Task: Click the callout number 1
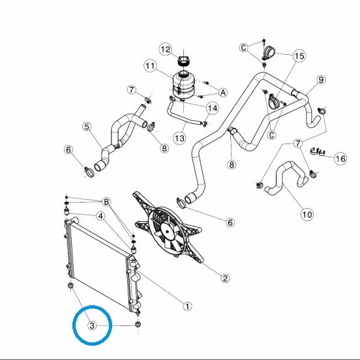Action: pos(187,307)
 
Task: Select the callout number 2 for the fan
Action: pos(225,278)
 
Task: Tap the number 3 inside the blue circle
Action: pos(92,325)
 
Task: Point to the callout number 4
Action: pos(100,216)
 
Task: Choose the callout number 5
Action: pos(87,127)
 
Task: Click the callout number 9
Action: pos(321,80)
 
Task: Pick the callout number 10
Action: pos(307,215)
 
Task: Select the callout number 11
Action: pos(151,66)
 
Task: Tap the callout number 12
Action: pos(166,50)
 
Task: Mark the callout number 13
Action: pos(179,138)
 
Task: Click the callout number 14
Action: pos(213,108)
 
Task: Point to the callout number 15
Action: pos(299,56)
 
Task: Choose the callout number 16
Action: pos(340,158)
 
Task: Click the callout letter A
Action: pos(223,93)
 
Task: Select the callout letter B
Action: pos(106,202)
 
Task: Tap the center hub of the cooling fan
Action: pos(167,232)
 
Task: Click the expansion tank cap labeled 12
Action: pos(183,61)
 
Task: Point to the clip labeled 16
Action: pos(318,151)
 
